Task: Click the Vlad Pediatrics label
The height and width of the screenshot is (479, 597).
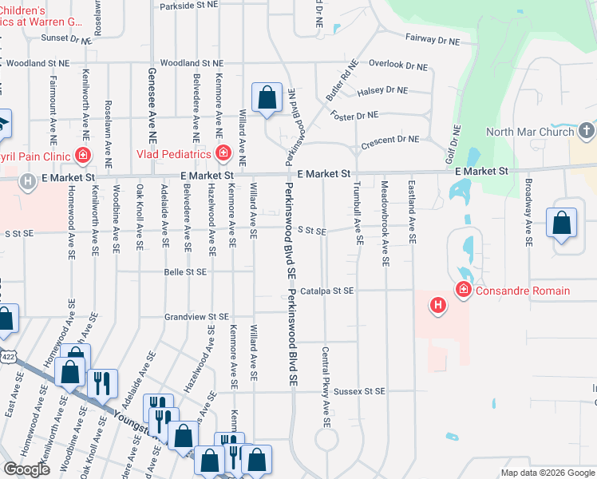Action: coord(174,153)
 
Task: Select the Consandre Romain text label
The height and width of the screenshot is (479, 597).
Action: coord(522,291)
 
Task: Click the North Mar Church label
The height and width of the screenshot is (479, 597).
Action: coord(530,132)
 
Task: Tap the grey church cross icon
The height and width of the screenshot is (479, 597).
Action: coord(587,130)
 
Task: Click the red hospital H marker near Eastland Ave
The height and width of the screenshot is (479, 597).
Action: coord(437,304)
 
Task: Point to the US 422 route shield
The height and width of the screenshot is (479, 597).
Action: coord(6,353)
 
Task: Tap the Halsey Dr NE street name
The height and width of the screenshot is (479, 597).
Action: coord(382,90)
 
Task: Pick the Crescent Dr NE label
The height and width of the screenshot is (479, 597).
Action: coord(389,140)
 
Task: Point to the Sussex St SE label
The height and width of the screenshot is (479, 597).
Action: coord(359,391)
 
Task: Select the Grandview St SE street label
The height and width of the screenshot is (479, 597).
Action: coord(196,317)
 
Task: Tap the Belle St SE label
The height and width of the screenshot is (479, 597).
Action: coord(185,272)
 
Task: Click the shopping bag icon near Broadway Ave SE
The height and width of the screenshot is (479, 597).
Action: coord(562,224)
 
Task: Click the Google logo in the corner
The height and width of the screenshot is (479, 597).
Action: coord(26,469)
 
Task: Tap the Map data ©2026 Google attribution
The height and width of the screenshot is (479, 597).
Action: coord(548,473)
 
